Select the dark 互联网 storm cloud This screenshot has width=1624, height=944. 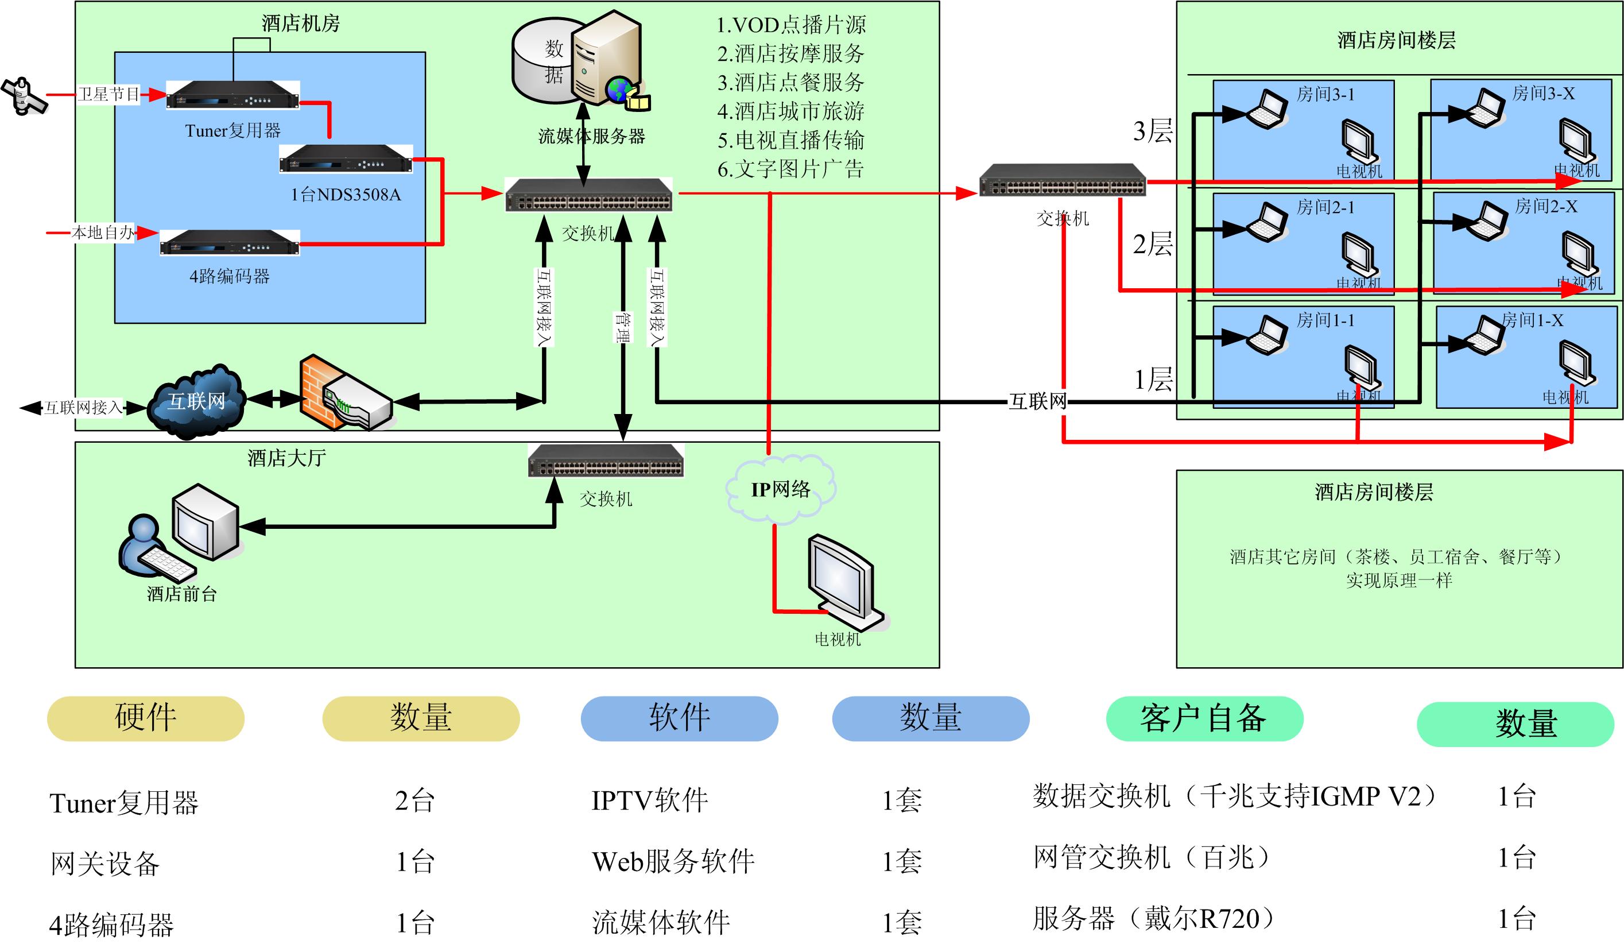point(196,402)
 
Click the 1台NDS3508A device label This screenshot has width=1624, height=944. point(346,195)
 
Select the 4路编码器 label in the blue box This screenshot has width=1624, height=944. point(230,277)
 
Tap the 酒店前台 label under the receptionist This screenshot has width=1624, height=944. point(182,594)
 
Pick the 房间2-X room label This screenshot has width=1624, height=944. point(1546,206)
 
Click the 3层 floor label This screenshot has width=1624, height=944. point(1153,131)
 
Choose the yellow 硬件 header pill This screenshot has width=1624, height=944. point(146,718)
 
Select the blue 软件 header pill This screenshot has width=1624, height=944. point(679,718)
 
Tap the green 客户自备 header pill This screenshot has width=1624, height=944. point(1204,718)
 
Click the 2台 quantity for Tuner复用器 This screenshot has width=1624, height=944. point(415,801)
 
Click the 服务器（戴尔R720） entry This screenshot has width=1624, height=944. point(1153,919)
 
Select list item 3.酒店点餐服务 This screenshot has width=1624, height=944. point(790,83)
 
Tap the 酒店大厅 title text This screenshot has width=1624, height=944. point(287,458)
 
